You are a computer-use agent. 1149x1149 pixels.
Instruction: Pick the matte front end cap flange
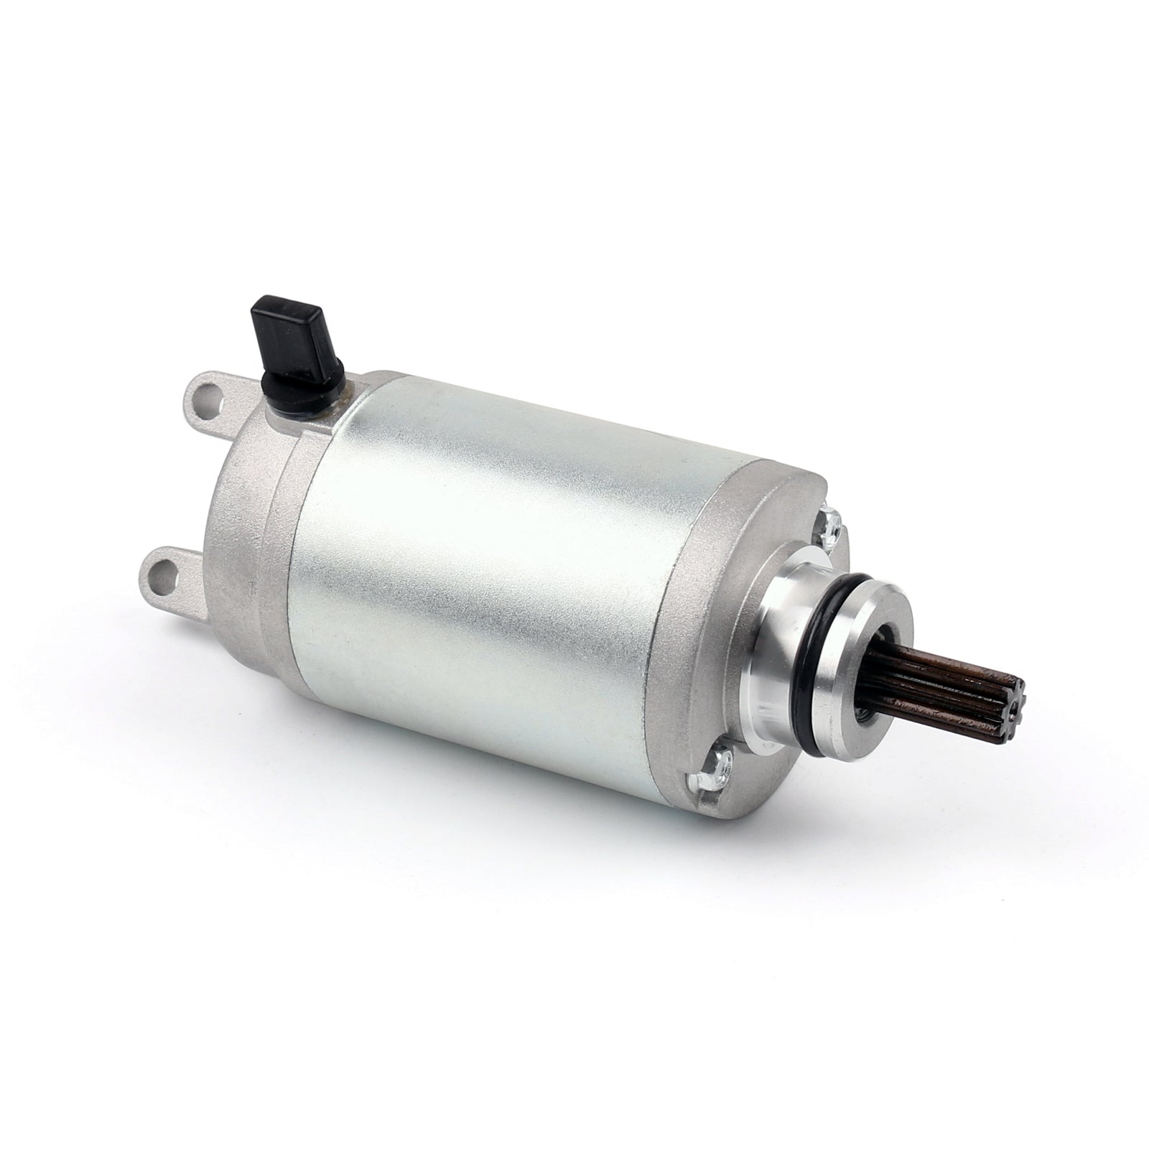pyautogui.click(x=718, y=610)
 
